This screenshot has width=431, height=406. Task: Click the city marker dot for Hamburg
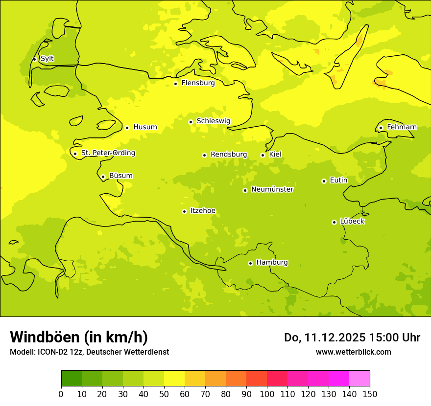250,263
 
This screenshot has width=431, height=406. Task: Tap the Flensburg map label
198,83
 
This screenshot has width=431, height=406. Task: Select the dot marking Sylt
34,59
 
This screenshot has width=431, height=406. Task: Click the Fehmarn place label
402,127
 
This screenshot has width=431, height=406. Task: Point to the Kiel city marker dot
263,155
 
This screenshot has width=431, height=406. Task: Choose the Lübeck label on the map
352,222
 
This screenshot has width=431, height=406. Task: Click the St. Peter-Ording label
108,153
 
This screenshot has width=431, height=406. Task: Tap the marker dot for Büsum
103,177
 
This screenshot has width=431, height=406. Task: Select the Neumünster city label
272,189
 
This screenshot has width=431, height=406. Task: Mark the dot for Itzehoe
184,211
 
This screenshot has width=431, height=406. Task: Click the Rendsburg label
229,155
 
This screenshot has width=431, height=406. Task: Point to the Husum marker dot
127,128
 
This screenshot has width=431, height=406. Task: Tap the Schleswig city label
213,121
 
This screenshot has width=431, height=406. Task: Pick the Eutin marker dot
324,181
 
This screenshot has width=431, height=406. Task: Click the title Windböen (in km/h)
79,337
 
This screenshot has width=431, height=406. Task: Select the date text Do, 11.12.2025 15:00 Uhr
352,338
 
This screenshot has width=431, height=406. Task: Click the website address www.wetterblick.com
353,352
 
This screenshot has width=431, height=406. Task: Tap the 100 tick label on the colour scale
267,394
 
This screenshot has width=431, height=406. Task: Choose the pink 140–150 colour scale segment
359,378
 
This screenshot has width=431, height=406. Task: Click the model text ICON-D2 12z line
89,352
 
